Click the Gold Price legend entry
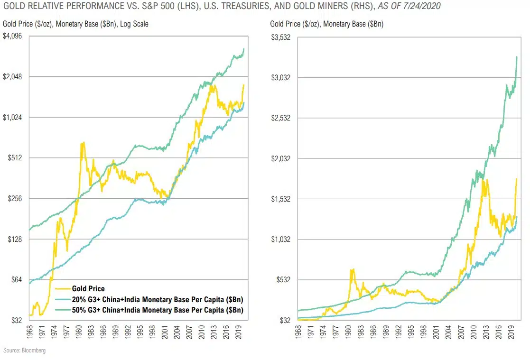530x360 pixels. pyautogui.click(x=88, y=288)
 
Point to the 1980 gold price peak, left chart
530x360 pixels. pyautogui.click(x=83, y=143)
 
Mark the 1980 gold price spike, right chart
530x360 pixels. pyautogui.click(x=352, y=269)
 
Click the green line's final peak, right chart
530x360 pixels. pyautogui.click(x=516, y=56)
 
